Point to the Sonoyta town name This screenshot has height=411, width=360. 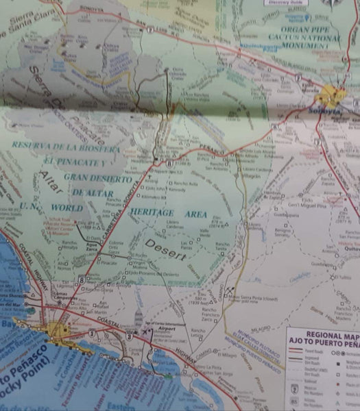(x=328, y=110)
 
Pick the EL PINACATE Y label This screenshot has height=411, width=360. (x=75, y=162)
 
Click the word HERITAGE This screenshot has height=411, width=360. (x=152, y=212)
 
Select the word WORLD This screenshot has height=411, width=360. (x=67, y=208)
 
